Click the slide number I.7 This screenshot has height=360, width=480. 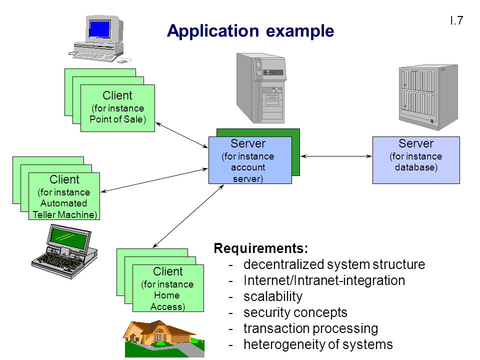456,20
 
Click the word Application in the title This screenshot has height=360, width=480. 213,31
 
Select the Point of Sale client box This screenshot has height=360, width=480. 117,108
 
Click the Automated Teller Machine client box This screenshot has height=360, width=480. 64,196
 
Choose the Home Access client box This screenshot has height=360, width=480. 168,288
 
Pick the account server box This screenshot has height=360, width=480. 250,160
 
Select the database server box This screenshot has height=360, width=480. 416,160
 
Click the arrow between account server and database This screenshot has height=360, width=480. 336,156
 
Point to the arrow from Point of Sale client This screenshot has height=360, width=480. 182,135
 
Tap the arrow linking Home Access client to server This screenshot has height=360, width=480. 188,216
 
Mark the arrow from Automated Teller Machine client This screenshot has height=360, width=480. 154,180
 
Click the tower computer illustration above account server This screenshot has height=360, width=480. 261,88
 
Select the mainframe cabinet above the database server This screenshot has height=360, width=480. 428,97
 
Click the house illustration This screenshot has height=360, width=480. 164,338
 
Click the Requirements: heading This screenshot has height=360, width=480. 261,248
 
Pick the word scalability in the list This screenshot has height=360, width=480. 273,296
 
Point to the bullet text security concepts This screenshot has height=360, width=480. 295,312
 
